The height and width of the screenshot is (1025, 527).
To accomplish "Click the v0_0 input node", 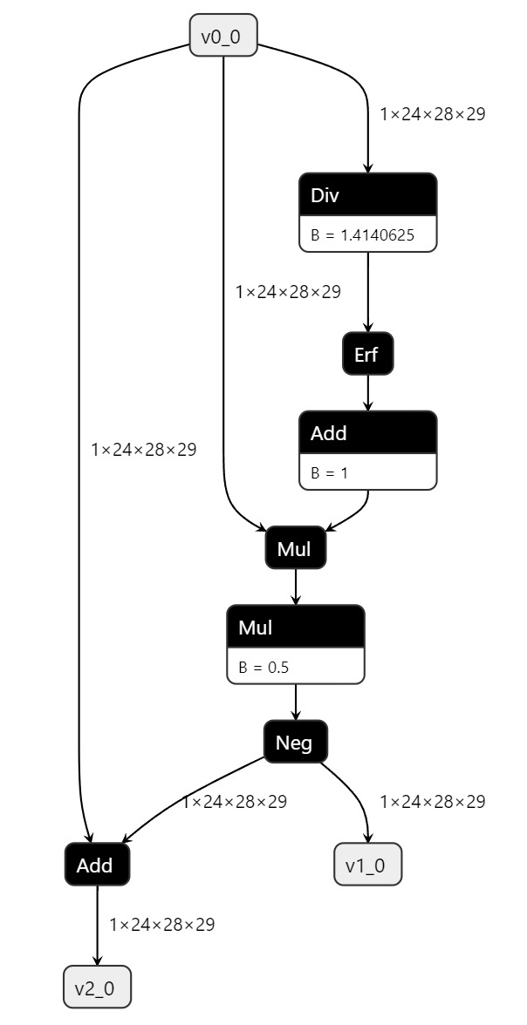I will tap(223, 36).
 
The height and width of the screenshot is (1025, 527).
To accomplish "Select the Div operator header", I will tap(367, 194).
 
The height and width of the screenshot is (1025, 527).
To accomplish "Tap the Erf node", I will tap(367, 354).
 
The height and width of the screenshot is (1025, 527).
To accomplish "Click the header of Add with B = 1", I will tap(367, 432).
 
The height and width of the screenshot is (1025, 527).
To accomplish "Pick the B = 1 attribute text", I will tap(329, 472).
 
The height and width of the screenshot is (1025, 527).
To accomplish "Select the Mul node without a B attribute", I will tap(296, 548).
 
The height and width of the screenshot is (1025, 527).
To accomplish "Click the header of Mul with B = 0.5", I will tap(295, 627).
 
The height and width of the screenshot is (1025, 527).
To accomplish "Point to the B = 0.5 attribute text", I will tap(263, 667).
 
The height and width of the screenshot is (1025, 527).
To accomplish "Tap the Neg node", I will tap(295, 742).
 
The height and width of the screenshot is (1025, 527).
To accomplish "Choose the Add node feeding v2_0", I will tap(96, 865).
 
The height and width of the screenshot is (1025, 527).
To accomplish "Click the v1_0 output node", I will tap(367, 865).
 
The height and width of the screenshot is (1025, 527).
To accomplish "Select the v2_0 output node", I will tap(97, 988).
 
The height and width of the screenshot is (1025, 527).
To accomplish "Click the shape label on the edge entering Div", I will tap(432, 113).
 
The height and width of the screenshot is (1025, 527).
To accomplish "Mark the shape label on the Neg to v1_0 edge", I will tap(432, 801).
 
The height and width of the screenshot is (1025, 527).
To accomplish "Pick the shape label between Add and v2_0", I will tap(161, 924).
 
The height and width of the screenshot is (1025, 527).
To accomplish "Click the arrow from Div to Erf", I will tap(367, 292).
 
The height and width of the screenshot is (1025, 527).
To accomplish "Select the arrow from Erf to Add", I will tap(367, 393).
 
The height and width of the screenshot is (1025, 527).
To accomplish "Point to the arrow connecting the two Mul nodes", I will tap(296, 587).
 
